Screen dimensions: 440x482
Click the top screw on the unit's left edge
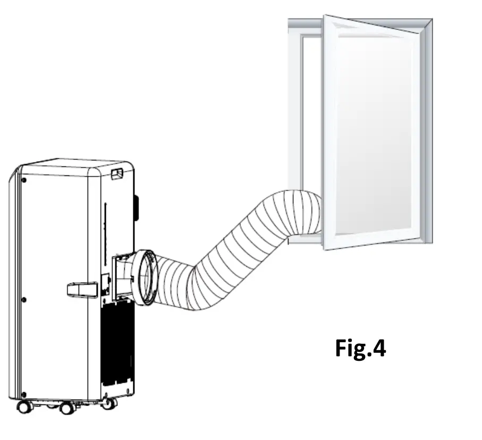pos(24,180)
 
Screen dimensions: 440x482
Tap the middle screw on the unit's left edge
pos(23,300)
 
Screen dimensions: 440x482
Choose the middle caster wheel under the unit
pos(66,408)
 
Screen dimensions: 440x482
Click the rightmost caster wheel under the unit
pos(109,403)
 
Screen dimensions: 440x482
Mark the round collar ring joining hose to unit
pos(145,277)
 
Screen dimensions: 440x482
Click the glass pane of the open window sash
pos(375,133)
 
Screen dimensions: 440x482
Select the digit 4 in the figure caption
pos(378,349)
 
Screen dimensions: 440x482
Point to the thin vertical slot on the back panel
pos(106,223)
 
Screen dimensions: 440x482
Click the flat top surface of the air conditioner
pos(74,162)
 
